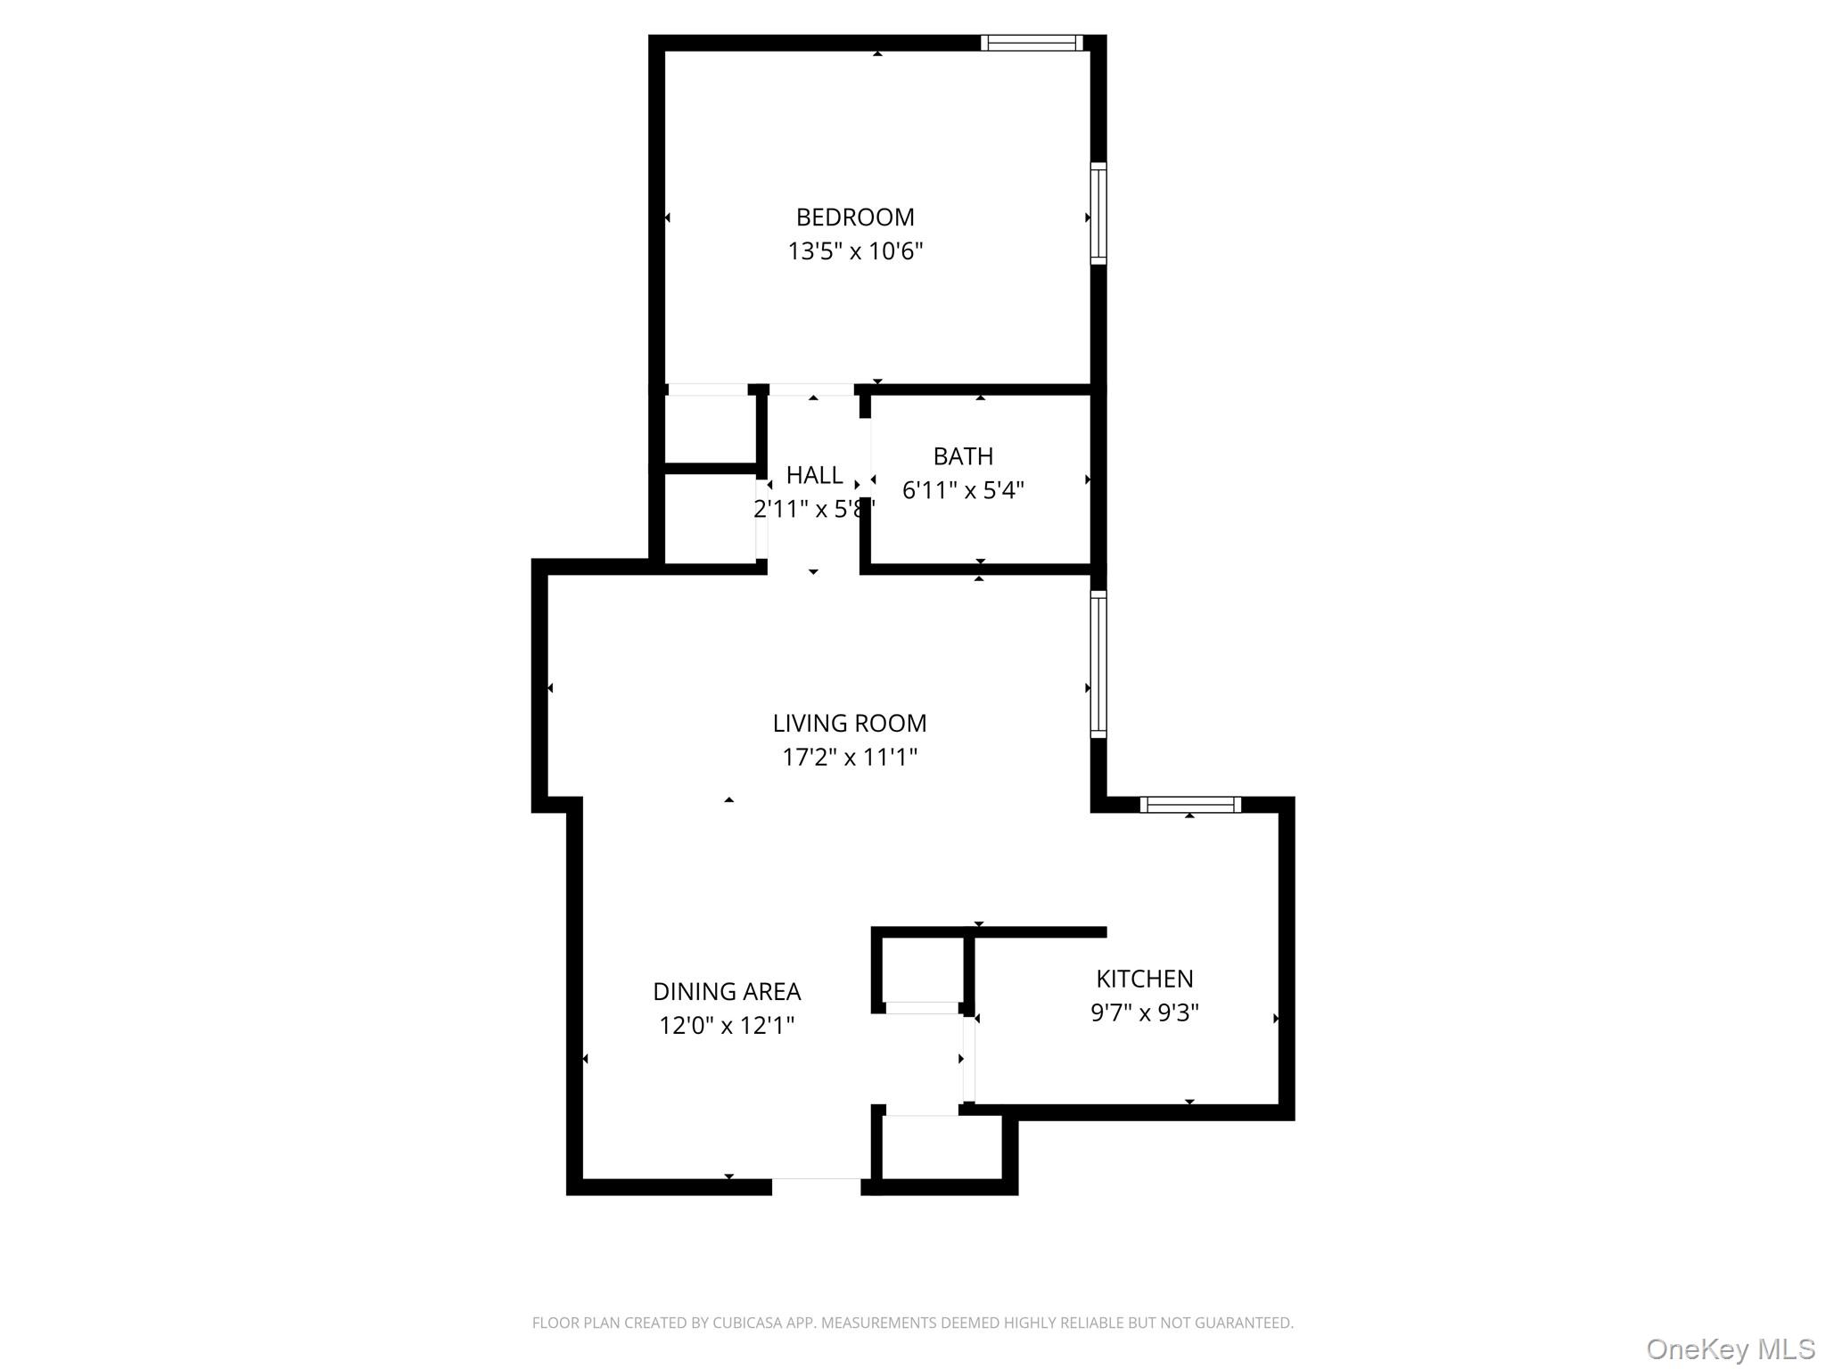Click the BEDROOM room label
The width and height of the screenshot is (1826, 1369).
[855, 217]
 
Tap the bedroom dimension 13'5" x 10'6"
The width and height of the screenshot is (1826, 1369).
[855, 251]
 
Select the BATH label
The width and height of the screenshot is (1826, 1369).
[963, 456]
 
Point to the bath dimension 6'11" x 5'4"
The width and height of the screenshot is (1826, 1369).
[963, 490]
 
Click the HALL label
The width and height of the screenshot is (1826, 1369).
[814, 475]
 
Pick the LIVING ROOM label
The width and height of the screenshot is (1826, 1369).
[850, 723]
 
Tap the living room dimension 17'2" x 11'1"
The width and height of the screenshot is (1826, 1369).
[850, 757]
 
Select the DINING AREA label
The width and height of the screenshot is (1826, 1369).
[727, 991]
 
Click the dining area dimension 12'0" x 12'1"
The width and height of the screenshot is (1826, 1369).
[727, 1025]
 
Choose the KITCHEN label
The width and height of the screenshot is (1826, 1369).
[1144, 979]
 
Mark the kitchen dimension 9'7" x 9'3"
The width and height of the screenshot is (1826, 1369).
[1144, 1012]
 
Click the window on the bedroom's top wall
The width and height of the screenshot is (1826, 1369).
[1032, 43]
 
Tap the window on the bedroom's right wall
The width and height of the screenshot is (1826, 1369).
[1098, 214]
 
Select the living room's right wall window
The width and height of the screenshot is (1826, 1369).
[1098, 664]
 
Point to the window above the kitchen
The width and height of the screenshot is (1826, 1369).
[1190, 805]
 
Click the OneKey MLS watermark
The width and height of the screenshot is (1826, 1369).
[1730, 1349]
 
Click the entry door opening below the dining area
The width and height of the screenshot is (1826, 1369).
[816, 1186]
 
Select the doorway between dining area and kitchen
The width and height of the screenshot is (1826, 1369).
[968, 1060]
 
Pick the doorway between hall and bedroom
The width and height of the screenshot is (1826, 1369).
[811, 389]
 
